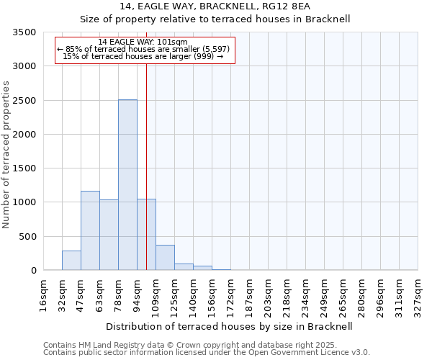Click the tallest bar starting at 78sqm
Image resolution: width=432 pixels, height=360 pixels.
[x=127, y=185]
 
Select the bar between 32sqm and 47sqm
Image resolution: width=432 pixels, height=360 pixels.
[x=71, y=260]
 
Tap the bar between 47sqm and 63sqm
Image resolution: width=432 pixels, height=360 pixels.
[x=90, y=230]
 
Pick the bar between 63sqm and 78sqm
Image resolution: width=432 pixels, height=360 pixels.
[x=109, y=235]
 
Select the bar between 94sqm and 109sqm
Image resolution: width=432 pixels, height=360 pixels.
[x=146, y=234]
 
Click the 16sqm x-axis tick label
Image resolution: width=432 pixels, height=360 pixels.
[x=44, y=294]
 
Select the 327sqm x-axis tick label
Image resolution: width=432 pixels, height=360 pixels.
[x=418, y=294]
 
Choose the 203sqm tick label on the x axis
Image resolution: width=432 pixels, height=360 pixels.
[x=269, y=294]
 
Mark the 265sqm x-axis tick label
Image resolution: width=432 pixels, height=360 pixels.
[x=343, y=294]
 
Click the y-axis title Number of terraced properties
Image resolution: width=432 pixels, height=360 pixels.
[x=6, y=155]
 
